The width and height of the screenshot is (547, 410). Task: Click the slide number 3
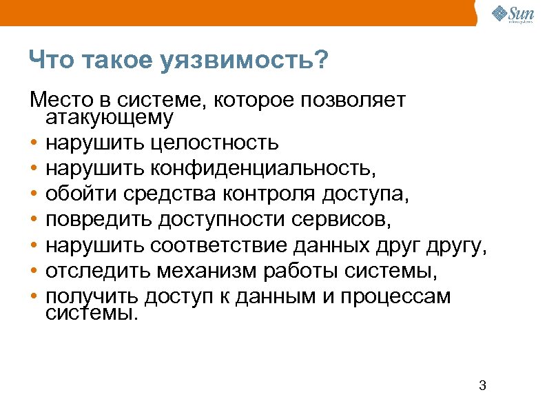point(482,385)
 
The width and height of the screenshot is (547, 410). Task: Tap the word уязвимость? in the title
point(245,61)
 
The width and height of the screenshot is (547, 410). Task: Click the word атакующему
point(110,119)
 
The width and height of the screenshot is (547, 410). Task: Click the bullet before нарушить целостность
point(33,143)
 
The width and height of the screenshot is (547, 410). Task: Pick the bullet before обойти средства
point(33,195)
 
